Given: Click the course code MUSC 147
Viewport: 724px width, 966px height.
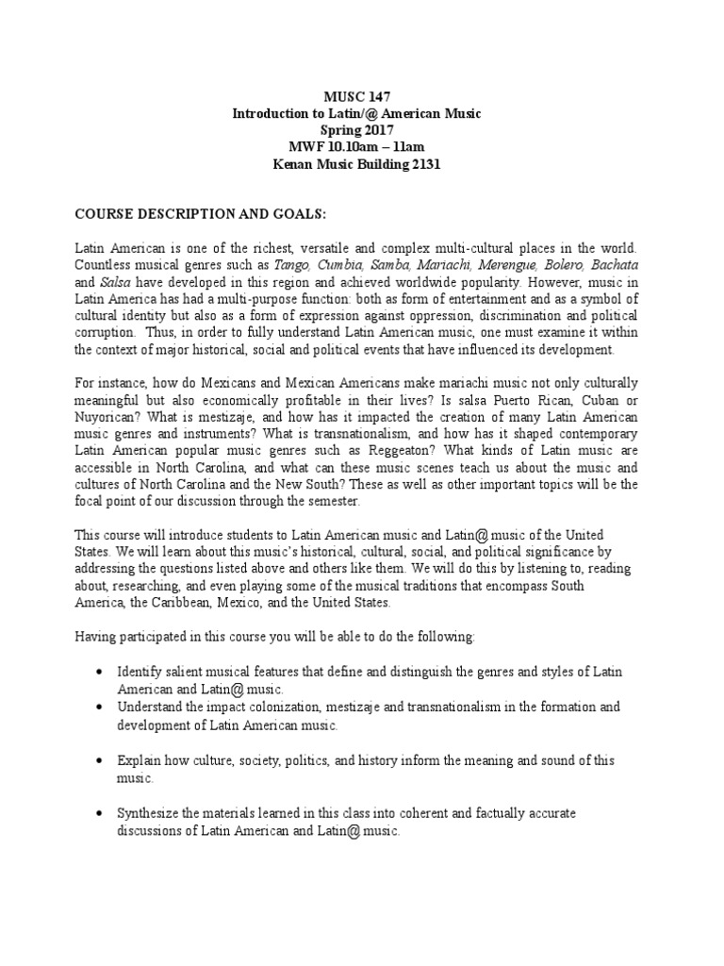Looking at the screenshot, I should coord(357,96).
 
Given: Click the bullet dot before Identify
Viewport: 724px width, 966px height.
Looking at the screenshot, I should coord(100,671).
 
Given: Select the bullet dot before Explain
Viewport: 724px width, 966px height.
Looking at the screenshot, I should coord(100,760).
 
